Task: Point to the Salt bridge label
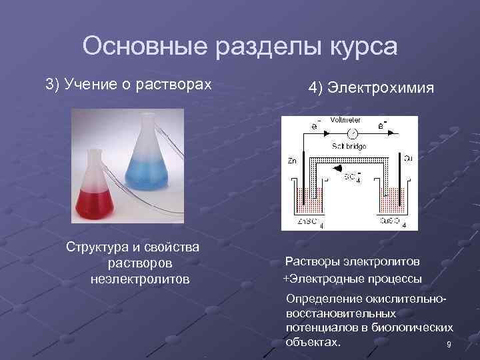(x=349, y=146)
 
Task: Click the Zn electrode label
(x=292, y=161)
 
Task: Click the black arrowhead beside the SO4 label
(x=337, y=171)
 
